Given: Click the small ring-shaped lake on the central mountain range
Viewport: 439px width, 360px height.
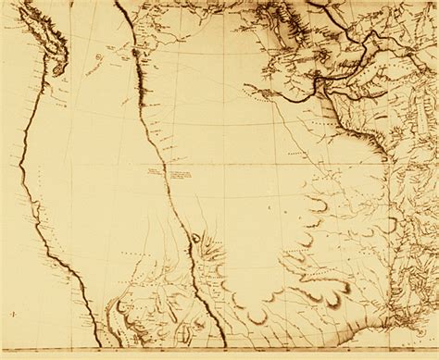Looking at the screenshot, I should tap(195, 238).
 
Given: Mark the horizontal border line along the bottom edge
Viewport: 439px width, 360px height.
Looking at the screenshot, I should tap(219, 351).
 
